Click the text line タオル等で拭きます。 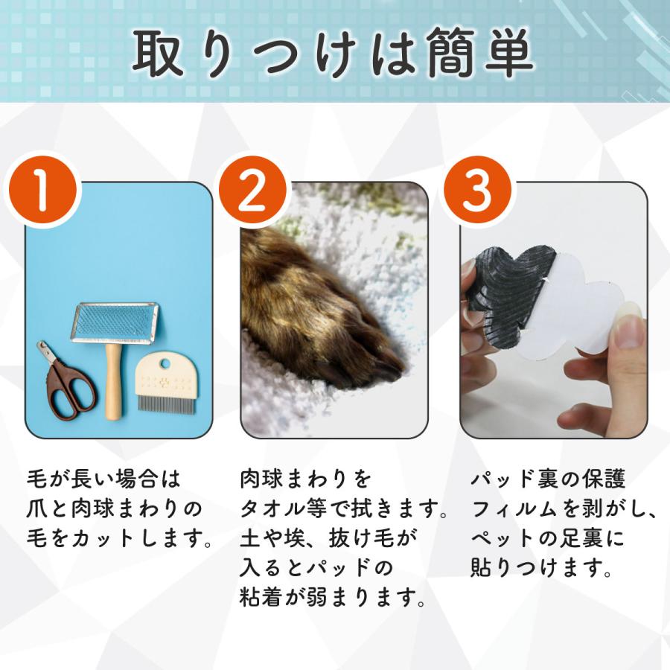pyautogui.click(x=345, y=509)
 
